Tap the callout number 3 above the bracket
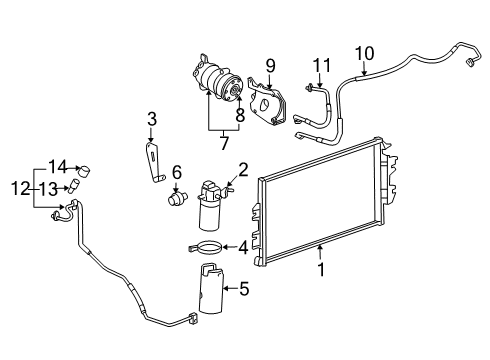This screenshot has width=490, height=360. coord(152,121)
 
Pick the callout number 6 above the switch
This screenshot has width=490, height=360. coord(176,172)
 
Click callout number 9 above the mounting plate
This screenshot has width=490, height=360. coord(270,66)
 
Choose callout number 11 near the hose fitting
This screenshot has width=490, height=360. coord(320,66)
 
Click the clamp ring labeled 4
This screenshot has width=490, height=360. coord(204,247)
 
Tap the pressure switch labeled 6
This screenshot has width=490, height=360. coord(175,195)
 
